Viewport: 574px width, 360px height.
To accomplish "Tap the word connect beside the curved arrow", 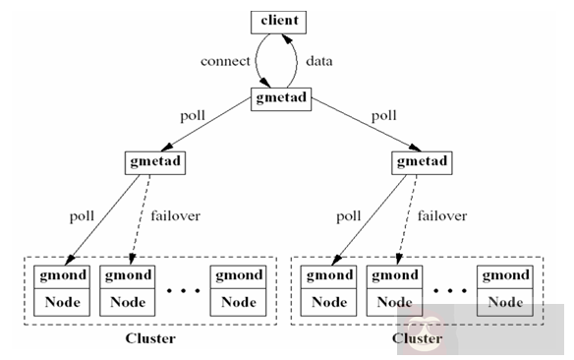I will (x=225, y=61).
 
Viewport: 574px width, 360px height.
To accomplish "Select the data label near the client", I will (x=318, y=61).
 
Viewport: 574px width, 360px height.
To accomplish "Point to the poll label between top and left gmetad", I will (x=193, y=114).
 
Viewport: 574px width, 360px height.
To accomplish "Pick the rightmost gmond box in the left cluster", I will (x=236, y=275).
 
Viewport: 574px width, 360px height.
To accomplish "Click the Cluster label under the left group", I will (x=150, y=339).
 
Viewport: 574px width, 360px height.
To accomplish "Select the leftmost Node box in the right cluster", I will (x=327, y=302).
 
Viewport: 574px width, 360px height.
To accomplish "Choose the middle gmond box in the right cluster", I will (x=393, y=275).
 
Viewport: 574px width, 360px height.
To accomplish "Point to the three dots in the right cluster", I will (x=448, y=291).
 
